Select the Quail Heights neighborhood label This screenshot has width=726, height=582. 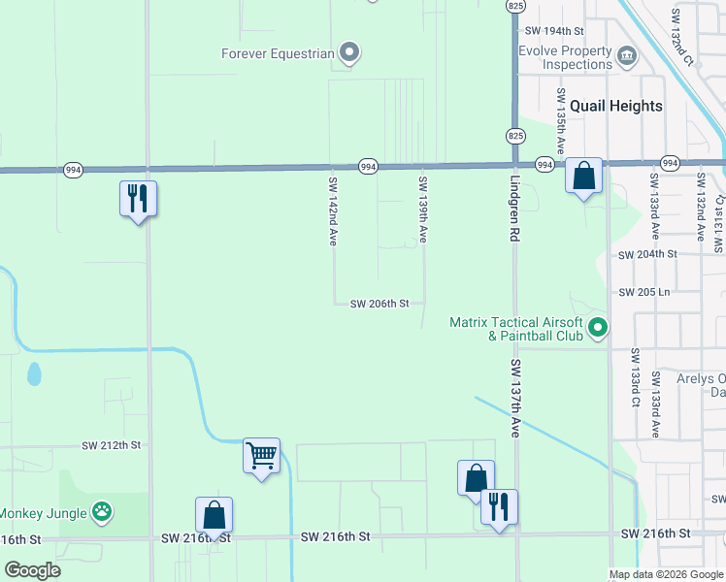(x=616, y=106)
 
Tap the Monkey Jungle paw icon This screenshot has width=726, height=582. (x=102, y=511)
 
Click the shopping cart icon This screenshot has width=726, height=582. (x=261, y=454)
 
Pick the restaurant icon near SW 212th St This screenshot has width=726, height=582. (x=138, y=199)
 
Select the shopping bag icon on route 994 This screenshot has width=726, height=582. (x=583, y=176)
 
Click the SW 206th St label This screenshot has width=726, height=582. (x=379, y=304)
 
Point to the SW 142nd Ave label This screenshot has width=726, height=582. (x=332, y=210)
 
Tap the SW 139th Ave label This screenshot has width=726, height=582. (x=422, y=210)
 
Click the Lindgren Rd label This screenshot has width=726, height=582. (x=514, y=208)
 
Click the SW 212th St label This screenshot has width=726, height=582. (x=112, y=445)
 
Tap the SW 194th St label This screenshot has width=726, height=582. (x=553, y=32)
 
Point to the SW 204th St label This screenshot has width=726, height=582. (x=647, y=254)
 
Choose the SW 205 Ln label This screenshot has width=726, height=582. (x=644, y=292)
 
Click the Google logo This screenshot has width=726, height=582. (x=32, y=570)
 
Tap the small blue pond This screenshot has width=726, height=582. (x=35, y=373)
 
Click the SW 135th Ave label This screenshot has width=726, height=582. (x=560, y=117)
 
